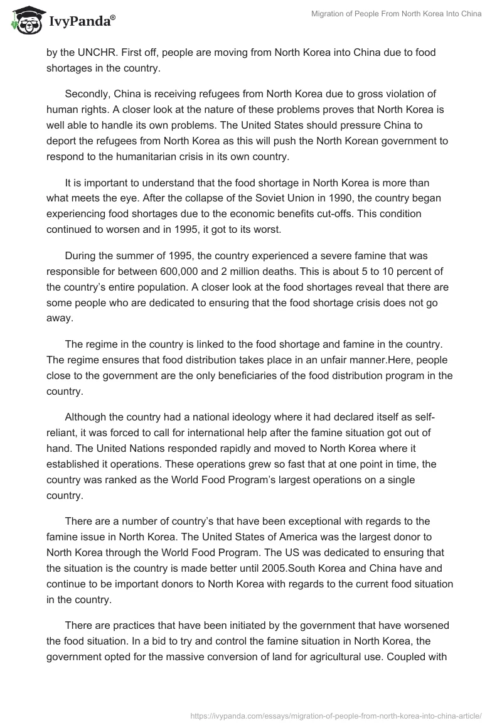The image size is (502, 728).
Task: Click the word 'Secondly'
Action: (87, 94)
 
